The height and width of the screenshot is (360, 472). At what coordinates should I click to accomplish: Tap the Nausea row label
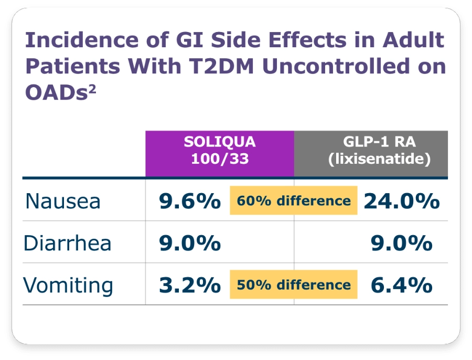pos(63,202)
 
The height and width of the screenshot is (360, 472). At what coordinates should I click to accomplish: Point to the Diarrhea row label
pos(68,243)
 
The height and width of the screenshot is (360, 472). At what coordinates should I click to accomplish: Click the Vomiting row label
pos(68,285)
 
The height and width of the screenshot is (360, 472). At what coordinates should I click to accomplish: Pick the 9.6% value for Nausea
pos(190,201)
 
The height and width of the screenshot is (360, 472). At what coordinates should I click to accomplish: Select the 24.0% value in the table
pos(402,201)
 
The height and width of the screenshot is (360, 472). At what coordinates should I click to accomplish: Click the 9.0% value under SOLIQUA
pos(190,243)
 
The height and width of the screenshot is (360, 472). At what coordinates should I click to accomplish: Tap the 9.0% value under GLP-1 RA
pos(402,243)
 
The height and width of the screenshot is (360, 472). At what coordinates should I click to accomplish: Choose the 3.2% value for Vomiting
pos(190,285)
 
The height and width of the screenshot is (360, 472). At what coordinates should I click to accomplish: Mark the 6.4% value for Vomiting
pos(402,285)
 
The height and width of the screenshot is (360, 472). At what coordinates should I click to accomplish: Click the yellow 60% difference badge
pos(294,201)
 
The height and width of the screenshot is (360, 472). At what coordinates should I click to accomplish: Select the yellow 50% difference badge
pos(294,285)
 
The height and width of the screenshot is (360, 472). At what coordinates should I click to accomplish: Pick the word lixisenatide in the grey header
pos(379,160)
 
